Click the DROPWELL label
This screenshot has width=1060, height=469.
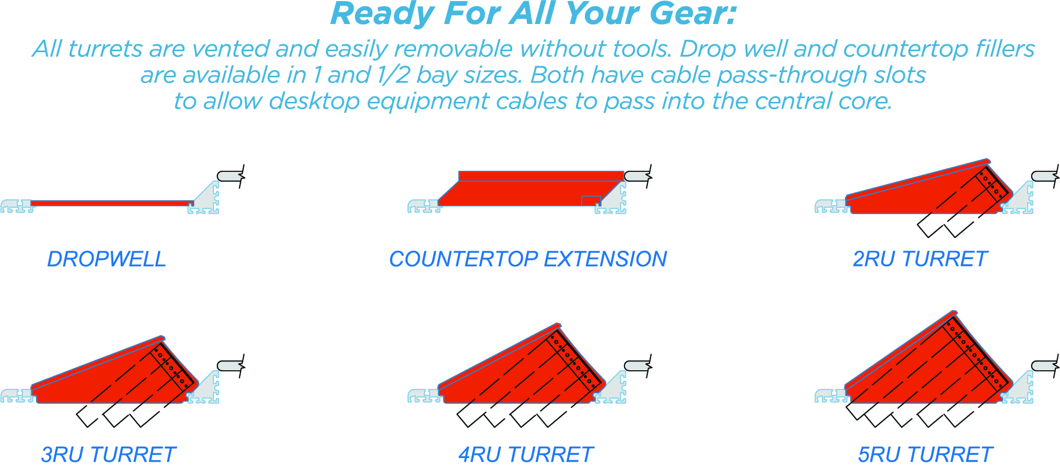107,259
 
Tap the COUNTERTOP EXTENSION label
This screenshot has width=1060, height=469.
528,259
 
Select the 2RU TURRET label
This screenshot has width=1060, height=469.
920,259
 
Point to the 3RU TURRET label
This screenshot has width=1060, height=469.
109,454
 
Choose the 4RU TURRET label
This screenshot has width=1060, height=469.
526,454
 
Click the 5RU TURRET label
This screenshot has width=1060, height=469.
925,454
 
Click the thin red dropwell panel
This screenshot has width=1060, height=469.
112,203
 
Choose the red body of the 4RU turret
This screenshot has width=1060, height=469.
522,373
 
